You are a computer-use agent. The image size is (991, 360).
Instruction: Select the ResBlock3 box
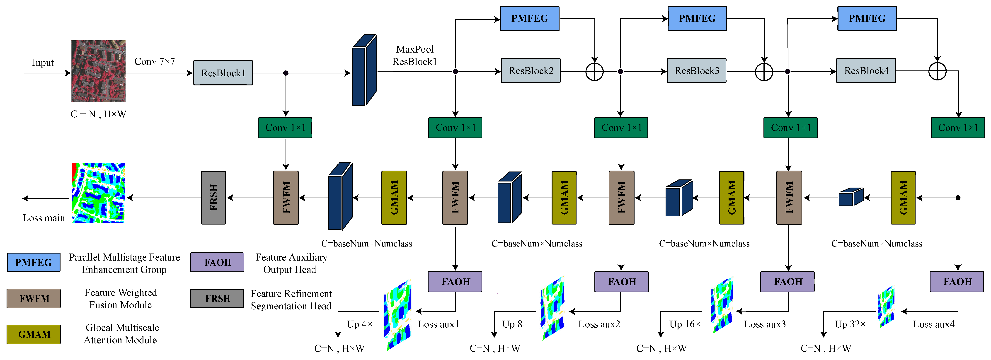coord(696,71)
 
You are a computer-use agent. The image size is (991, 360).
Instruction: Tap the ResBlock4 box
coord(866,71)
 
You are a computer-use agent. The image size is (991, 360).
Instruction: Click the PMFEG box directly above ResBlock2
coord(529,18)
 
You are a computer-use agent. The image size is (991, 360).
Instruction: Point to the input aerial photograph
coord(99,71)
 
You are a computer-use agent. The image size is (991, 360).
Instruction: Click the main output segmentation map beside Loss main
coord(99,193)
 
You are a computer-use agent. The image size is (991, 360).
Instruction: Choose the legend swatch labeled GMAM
coord(34,334)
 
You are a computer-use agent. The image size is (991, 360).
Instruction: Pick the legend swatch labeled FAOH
coord(217,262)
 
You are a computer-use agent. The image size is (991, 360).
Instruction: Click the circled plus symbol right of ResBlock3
coord(764,72)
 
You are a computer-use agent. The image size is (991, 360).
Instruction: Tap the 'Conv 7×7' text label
coord(155,62)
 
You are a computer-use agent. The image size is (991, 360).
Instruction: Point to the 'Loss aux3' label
coord(765,324)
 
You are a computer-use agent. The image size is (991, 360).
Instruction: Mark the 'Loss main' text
coord(44,218)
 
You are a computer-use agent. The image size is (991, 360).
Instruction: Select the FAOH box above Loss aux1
coord(455,282)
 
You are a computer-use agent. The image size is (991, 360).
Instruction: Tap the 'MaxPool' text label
coord(415,49)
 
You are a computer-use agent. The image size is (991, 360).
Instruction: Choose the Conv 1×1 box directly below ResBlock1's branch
coord(285,128)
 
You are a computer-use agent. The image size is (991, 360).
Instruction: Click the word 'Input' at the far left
coord(43,63)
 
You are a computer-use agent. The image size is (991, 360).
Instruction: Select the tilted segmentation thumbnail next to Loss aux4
coord(886,307)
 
